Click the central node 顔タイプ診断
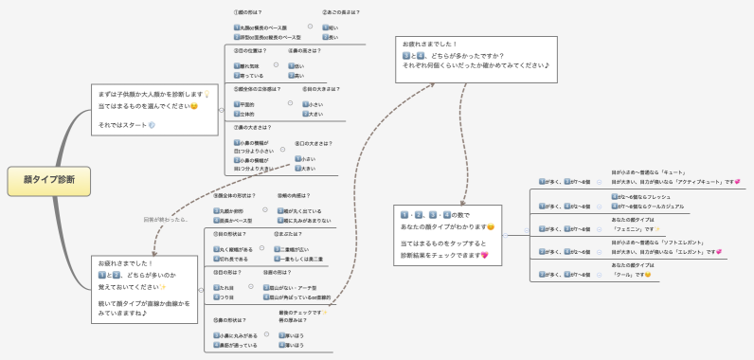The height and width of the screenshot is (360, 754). [43, 178]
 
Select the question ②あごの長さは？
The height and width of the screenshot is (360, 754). [340, 12]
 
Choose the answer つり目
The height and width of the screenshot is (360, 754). [225, 297]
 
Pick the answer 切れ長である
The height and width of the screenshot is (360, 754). [233, 259]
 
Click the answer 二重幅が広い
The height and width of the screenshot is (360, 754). [296, 248]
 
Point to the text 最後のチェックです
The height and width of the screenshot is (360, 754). [302, 311]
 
